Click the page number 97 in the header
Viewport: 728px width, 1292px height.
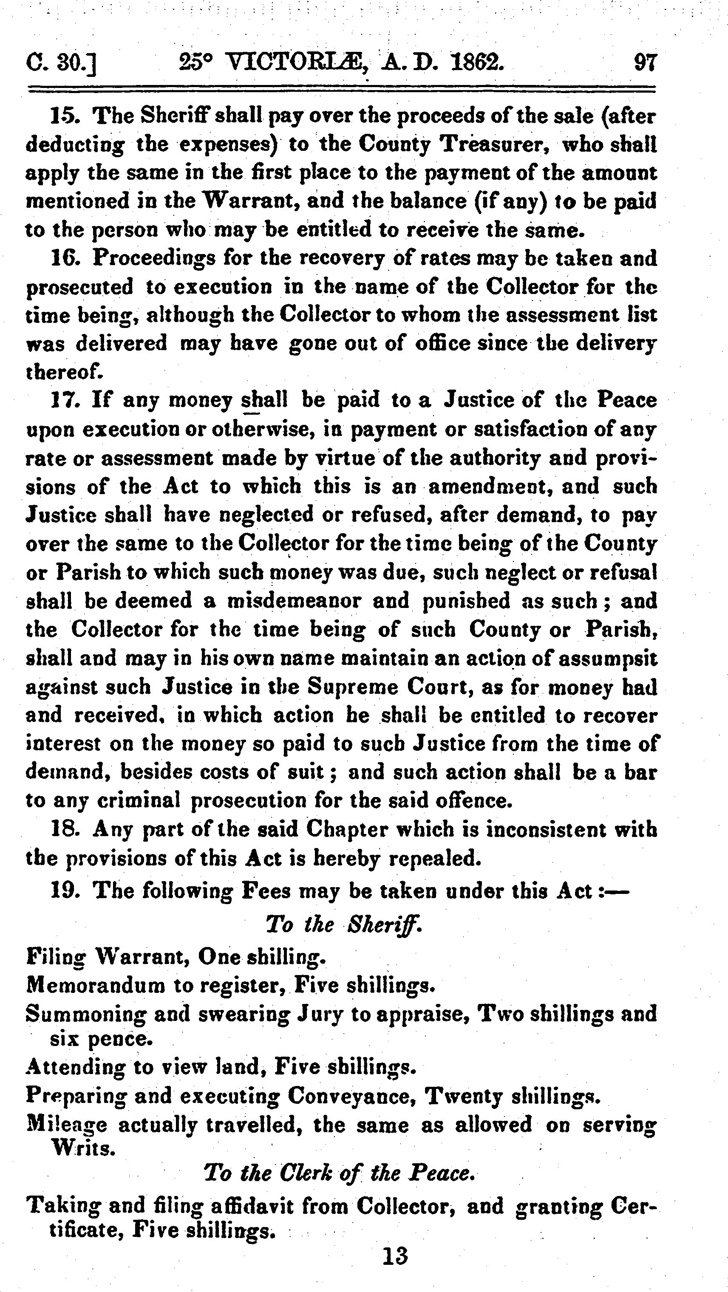(x=645, y=64)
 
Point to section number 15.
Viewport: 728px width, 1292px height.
(x=64, y=116)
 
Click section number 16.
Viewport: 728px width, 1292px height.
(x=64, y=259)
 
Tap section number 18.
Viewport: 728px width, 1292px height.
(x=64, y=830)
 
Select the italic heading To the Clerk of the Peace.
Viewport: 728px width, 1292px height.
(x=339, y=1173)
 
